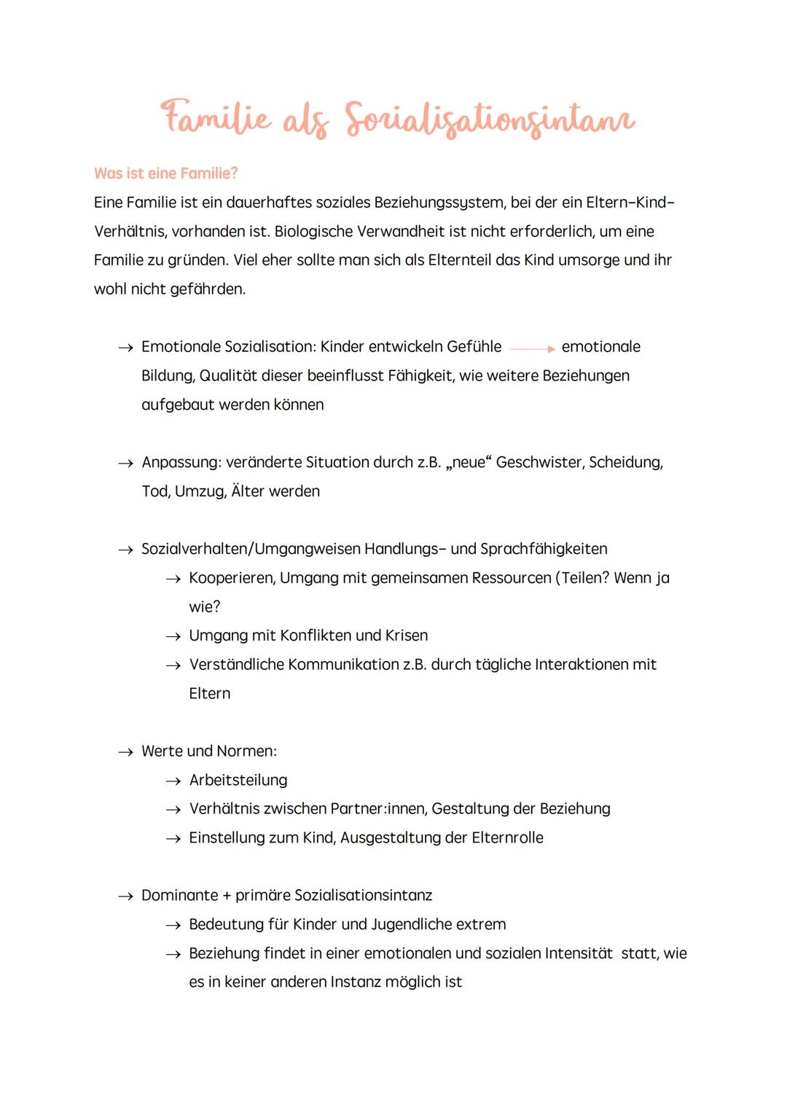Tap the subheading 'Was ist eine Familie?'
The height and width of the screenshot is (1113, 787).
click(x=165, y=173)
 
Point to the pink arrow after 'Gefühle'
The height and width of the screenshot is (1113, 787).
click(x=532, y=348)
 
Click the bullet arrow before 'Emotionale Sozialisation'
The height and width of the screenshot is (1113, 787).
click(x=125, y=348)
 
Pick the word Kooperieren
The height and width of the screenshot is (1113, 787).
click(x=232, y=578)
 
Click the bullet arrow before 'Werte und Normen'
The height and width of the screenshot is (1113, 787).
click(x=125, y=752)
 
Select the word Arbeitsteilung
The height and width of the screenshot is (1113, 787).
click(x=238, y=781)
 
